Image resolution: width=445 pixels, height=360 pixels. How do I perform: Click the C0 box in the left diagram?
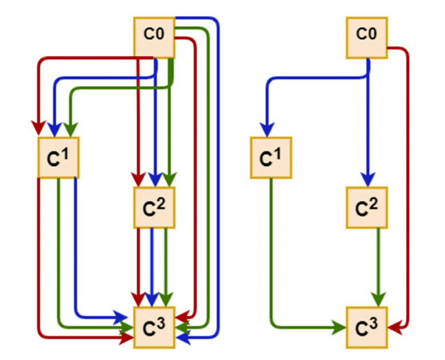[154, 38]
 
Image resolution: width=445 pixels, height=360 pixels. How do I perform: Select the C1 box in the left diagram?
[57, 158]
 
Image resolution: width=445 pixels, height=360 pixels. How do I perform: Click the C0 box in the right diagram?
[367, 38]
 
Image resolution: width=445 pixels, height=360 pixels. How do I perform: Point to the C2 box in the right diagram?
[367, 207]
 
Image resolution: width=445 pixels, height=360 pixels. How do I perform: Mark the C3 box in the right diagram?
[367, 327]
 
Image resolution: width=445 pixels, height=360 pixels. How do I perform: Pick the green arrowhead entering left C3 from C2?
[166, 298]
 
